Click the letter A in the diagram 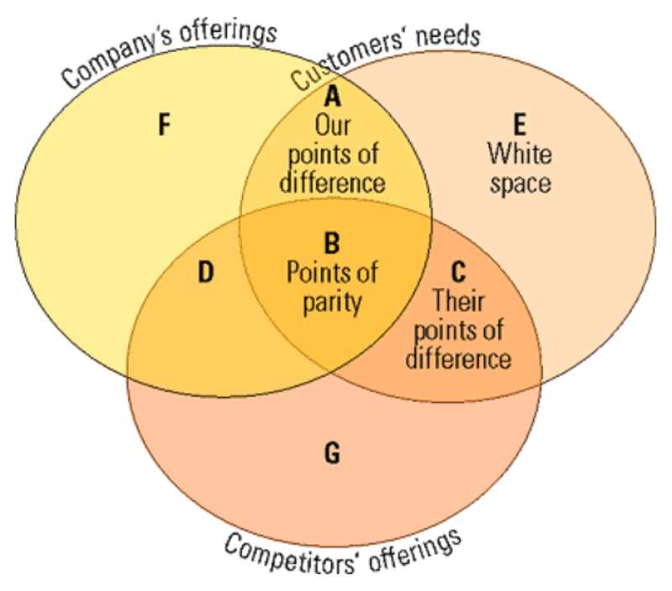click(333, 98)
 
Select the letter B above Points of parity click(333, 244)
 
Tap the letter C click(458, 272)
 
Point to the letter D click(206, 272)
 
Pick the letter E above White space click(520, 126)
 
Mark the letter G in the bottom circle click(332, 454)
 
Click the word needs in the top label click(451, 36)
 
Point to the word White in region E click(520, 154)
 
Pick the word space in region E click(520, 184)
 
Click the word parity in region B click(333, 301)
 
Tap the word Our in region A click(333, 126)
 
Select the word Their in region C click(458, 300)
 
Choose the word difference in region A click(333, 182)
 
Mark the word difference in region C click(458, 358)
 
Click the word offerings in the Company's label click(227, 33)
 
